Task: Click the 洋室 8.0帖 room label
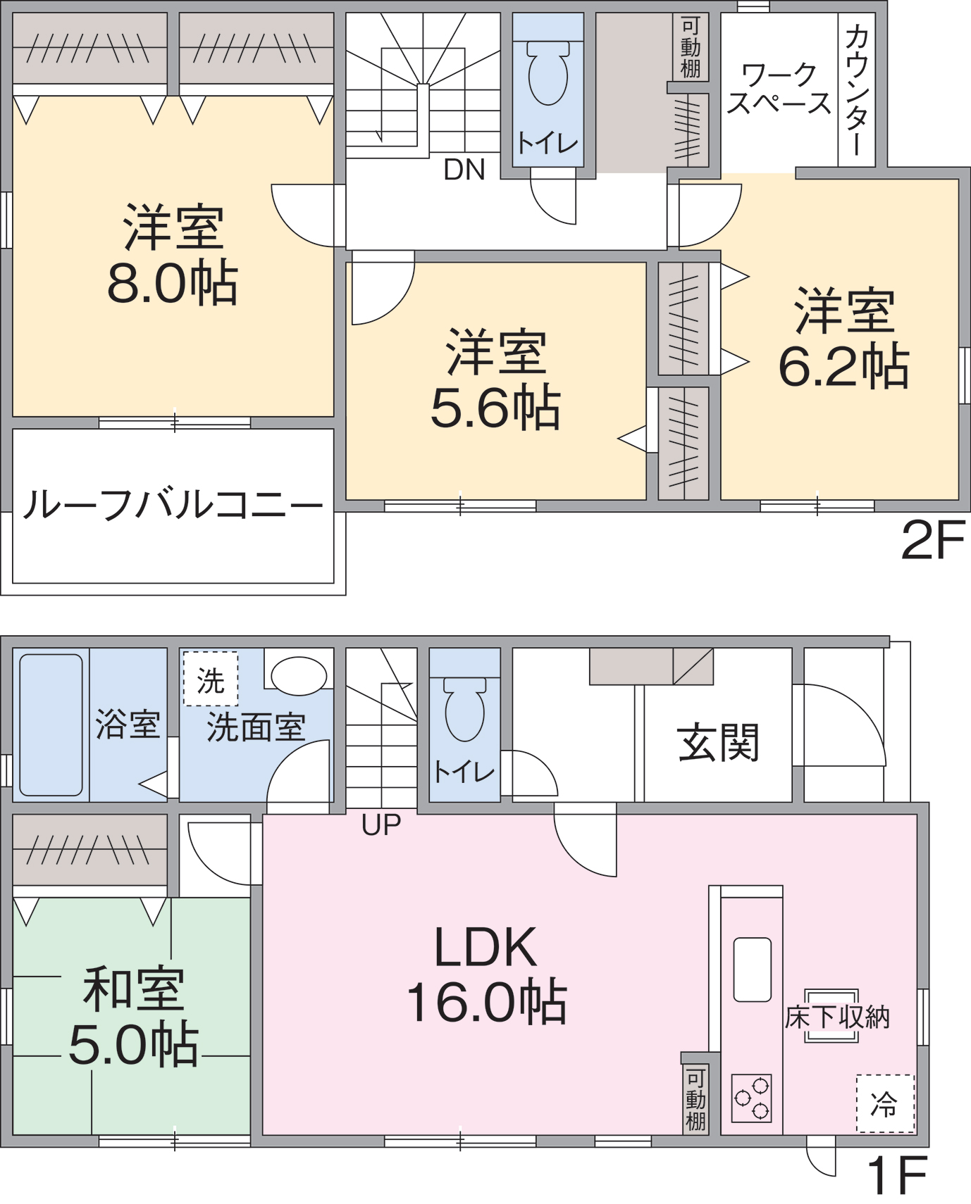pyautogui.click(x=173, y=255)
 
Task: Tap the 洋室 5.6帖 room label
pyautogui.click(x=495, y=380)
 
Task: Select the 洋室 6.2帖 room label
pyautogui.click(x=843, y=338)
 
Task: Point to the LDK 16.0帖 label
pyautogui.click(x=486, y=974)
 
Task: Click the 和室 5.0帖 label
pyautogui.click(x=134, y=1016)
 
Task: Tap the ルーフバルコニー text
pyautogui.click(x=173, y=505)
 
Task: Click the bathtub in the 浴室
pyautogui.click(x=51, y=725)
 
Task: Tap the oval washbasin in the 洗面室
pyautogui.click(x=299, y=676)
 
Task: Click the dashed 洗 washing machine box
pyautogui.click(x=211, y=679)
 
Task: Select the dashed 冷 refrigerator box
pyautogui.click(x=885, y=1103)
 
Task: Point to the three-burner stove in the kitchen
pyautogui.click(x=751, y=1098)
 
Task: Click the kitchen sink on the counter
pyautogui.click(x=752, y=969)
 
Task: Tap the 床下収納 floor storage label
pyautogui.click(x=837, y=1017)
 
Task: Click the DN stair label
pyautogui.click(x=464, y=170)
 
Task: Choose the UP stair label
pyautogui.click(x=381, y=824)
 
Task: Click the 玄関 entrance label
pyautogui.click(x=718, y=743)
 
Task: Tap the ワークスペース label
pyautogui.click(x=779, y=89)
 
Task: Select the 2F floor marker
pyautogui.click(x=932, y=541)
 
